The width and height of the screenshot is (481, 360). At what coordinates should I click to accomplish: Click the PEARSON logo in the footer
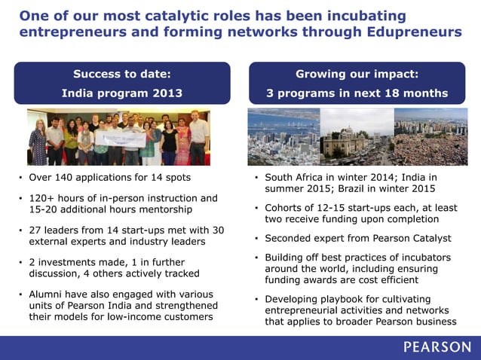tap(437, 347)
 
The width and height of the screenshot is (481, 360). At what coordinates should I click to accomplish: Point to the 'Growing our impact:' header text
tap(357, 74)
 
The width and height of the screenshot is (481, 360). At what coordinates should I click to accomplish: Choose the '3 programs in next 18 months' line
tap(357, 93)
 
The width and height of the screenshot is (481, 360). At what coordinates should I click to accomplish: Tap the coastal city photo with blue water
tap(283, 136)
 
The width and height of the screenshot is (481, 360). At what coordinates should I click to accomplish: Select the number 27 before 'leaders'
tap(35, 230)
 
